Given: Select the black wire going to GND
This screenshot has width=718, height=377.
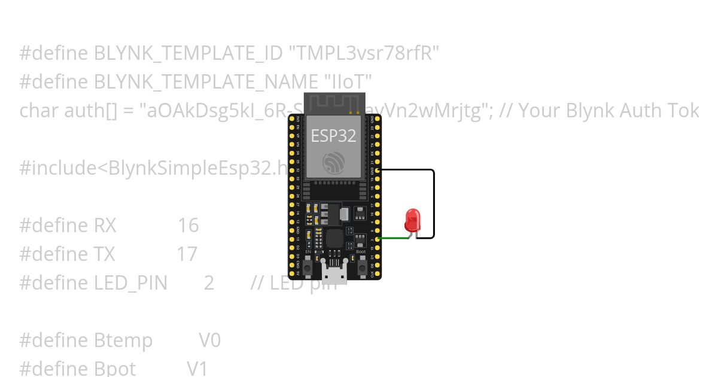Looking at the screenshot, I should (x=433, y=203).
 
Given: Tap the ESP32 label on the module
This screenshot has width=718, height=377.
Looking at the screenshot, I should (x=333, y=136).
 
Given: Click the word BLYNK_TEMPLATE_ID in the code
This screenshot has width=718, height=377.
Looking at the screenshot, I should (x=188, y=53).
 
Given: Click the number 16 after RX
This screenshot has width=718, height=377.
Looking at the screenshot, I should (x=188, y=226).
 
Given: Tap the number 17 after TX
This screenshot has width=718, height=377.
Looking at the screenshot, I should (x=187, y=254).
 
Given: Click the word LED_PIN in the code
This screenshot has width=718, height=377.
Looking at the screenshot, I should (x=131, y=283).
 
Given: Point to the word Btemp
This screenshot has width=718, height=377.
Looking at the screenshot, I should (x=123, y=340).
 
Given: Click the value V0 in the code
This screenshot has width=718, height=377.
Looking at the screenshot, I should (x=209, y=340).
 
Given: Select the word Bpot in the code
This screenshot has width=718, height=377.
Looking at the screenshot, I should (x=115, y=368).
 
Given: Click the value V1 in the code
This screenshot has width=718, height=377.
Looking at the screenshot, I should (x=197, y=368).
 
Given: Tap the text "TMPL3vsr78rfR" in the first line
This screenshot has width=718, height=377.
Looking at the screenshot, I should (x=364, y=53).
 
